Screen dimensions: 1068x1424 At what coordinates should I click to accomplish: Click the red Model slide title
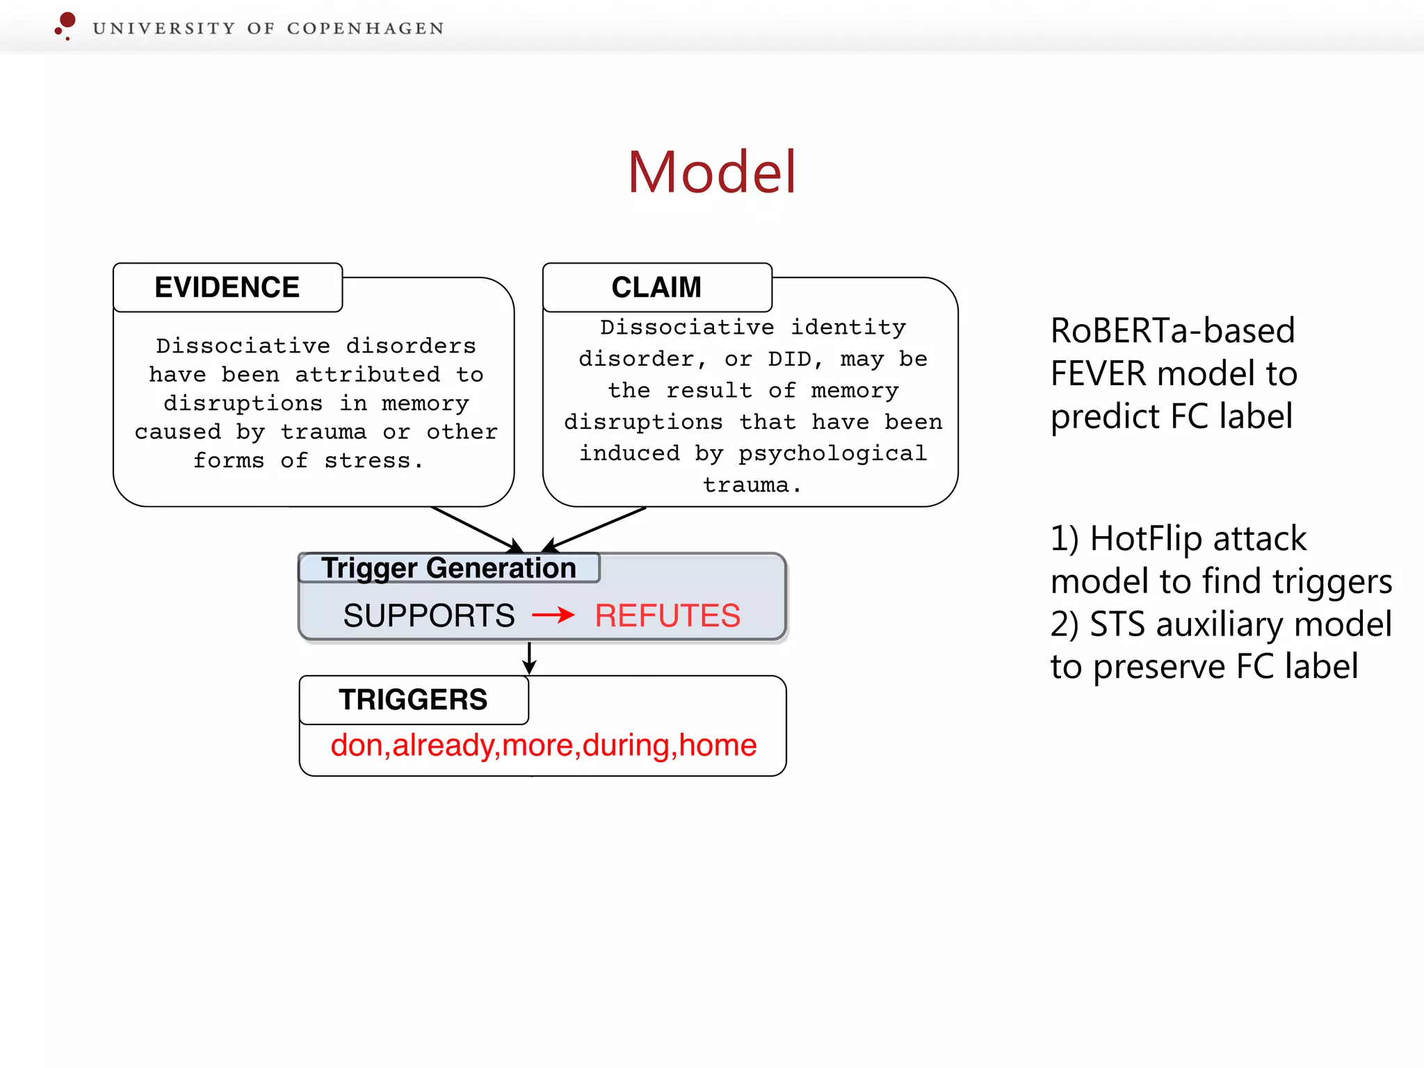pyautogui.click(x=711, y=172)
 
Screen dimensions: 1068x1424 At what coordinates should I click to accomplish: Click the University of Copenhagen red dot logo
pyautogui.click(x=66, y=24)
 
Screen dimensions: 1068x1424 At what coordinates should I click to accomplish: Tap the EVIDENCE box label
pyautogui.click(x=227, y=287)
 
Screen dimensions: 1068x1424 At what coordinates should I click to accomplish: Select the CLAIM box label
pyautogui.click(x=656, y=287)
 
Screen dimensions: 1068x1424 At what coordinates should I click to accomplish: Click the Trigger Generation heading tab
pyautogui.click(x=448, y=568)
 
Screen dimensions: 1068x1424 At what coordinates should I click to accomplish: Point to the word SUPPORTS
pyautogui.click(x=428, y=616)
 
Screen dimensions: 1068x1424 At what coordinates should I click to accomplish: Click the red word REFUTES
pyautogui.click(x=667, y=616)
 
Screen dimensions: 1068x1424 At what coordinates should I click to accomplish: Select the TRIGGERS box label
pyautogui.click(x=413, y=699)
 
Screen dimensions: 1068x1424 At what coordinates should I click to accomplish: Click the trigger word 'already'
pyautogui.click(x=443, y=745)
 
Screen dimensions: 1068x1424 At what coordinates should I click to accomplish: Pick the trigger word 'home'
pyautogui.click(x=718, y=745)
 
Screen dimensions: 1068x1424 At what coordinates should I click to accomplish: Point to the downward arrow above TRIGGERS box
pyautogui.click(x=529, y=658)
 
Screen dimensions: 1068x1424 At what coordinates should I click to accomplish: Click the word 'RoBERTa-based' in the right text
pyautogui.click(x=1172, y=331)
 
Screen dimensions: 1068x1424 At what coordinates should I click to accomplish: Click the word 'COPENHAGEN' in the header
pyautogui.click(x=365, y=29)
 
